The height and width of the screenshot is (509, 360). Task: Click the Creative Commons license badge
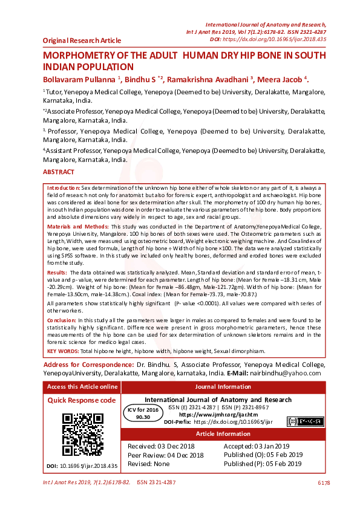click(304, 421)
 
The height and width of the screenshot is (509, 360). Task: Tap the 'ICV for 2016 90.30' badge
click(143, 413)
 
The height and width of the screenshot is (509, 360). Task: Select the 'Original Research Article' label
click(82, 40)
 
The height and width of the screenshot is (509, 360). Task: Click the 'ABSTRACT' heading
click(59, 172)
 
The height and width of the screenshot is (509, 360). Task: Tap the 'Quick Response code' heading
click(82, 400)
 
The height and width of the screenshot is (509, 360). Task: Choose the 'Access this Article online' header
click(82, 387)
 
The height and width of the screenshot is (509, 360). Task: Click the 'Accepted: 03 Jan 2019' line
click(257, 446)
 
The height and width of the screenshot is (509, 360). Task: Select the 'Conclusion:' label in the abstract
click(62, 319)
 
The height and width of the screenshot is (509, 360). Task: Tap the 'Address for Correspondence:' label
click(88, 365)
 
